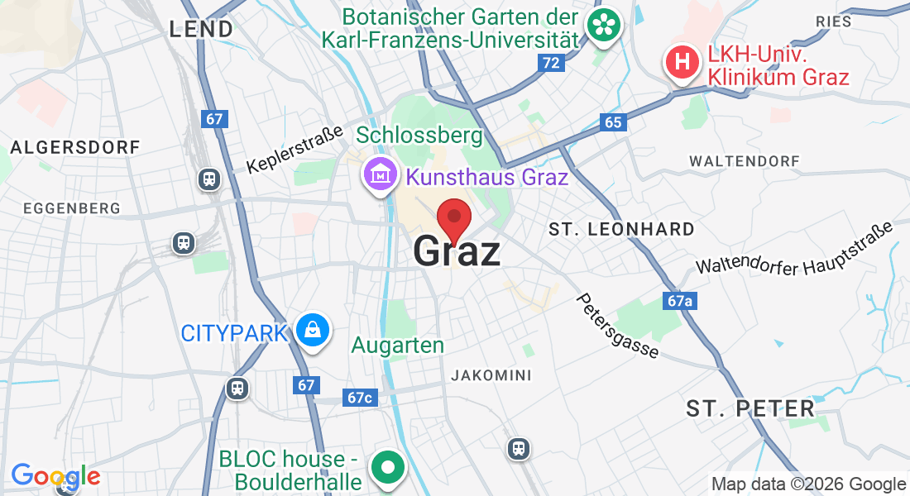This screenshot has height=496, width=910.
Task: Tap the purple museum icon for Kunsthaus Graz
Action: click(381, 176)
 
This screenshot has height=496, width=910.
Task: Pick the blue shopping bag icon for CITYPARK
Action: click(314, 331)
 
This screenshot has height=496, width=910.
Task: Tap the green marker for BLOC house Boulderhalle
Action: click(387, 466)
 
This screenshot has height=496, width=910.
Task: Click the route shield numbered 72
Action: click(550, 62)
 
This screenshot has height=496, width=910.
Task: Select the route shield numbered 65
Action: click(612, 122)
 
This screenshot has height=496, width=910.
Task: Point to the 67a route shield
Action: click(679, 301)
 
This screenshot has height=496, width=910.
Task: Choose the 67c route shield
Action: click(360, 398)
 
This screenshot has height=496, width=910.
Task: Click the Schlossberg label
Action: click(419, 134)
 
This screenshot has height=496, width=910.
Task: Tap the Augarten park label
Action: click(398, 346)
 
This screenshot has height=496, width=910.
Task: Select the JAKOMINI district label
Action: click(491, 375)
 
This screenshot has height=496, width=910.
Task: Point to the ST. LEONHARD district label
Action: click(621, 229)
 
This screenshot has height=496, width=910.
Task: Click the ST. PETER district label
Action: click(750, 408)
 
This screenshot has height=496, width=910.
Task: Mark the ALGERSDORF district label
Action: click(75, 147)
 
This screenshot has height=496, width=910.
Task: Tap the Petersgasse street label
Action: click(618, 326)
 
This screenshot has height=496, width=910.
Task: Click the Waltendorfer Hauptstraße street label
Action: click(795, 248)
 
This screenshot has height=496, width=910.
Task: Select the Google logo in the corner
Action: click(55, 475)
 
